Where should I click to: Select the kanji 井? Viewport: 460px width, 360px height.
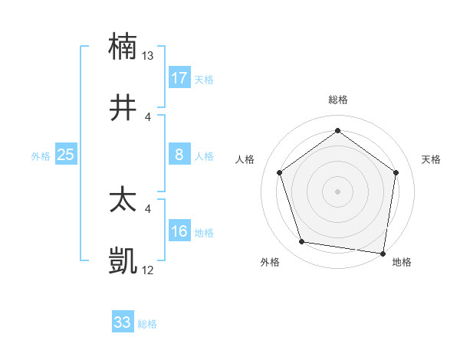click(x=123, y=107)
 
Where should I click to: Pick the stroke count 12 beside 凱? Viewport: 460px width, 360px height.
click(x=148, y=271)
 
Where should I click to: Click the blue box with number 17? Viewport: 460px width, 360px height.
click(x=179, y=78)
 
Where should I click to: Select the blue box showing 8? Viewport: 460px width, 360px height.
click(x=179, y=155)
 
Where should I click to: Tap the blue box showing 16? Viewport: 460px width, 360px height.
click(x=179, y=231)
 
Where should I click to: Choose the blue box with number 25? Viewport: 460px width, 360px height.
click(x=66, y=155)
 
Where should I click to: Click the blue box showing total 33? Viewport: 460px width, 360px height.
click(x=123, y=322)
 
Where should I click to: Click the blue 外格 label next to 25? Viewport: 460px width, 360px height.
click(x=41, y=156)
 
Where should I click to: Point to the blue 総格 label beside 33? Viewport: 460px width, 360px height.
click(x=147, y=324)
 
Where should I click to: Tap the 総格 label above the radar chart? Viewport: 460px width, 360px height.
click(x=337, y=100)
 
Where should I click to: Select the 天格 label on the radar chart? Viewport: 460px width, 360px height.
click(x=432, y=159)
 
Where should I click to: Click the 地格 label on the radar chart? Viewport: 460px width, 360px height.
click(x=402, y=262)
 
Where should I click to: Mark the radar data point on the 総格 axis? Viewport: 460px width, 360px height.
click(x=337, y=130)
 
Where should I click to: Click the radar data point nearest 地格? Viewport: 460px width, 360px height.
click(x=383, y=253)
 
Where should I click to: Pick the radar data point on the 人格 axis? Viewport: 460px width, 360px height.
click(x=279, y=172)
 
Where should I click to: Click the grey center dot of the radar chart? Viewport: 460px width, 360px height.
click(x=337, y=191)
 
